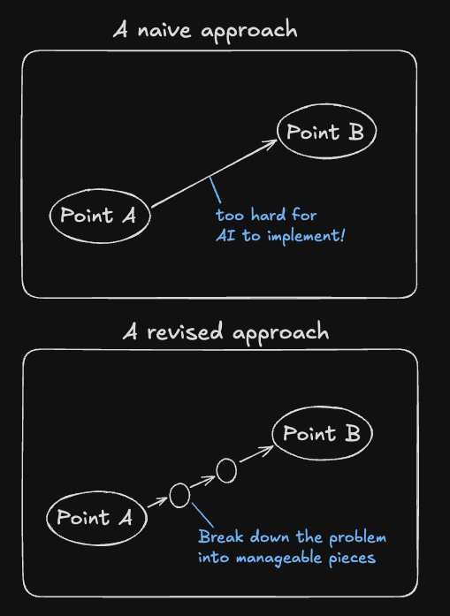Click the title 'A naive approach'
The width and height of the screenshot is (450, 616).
coord(205,30)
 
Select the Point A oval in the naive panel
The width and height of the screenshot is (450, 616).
coord(98,216)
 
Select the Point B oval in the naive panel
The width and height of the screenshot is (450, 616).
coord(327,133)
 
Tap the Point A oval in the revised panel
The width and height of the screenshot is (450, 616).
coord(95,518)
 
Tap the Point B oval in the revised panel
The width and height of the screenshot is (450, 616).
coord(322,434)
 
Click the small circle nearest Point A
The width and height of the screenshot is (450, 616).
coord(179,496)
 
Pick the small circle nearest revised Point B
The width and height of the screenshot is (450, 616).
coord(226,472)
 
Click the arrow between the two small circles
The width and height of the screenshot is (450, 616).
coord(203,483)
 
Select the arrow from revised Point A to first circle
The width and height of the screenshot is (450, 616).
coord(156,504)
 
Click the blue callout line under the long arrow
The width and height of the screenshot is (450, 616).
coord(215,192)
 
